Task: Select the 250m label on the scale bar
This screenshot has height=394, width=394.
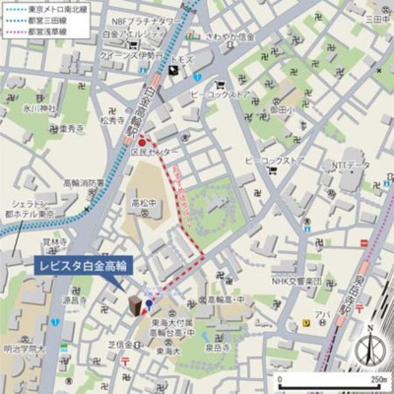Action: [x=377, y=377]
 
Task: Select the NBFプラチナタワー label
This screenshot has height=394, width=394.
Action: [x=149, y=21]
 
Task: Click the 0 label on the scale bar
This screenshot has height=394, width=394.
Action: [x=280, y=377]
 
